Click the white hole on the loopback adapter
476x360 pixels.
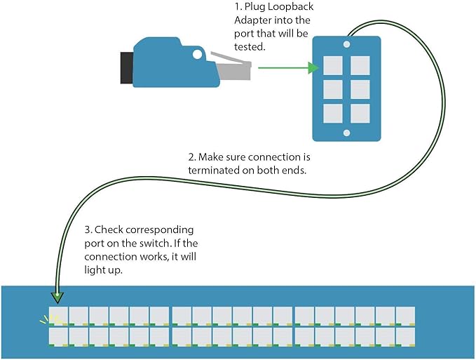coord(197,54)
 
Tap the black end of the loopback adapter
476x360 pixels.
coord(127,68)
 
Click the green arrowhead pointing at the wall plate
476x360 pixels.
coord(313,68)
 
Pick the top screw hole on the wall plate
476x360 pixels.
coord(347,44)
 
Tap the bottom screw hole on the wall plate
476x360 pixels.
coord(347,133)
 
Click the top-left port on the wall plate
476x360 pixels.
coord(333,65)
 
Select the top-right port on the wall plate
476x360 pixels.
coord(360,65)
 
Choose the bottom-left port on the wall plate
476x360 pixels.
coord(333,114)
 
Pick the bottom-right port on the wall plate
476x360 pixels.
coord(360,114)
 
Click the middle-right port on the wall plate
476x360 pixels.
coord(360,90)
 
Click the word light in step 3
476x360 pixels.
coord(93,270)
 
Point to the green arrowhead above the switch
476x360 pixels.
coord(57,298)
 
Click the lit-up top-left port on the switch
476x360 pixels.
coord(58,316)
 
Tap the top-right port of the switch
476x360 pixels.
coord(405,316)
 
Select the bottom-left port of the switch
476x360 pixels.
coord(58,337)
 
